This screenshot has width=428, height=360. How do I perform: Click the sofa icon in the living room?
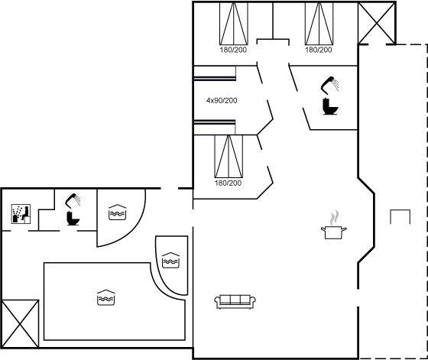[x=235, y=302]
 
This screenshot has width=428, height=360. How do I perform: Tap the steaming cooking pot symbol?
[x=333, y=225]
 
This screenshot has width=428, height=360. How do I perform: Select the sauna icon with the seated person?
[x=21, y=214]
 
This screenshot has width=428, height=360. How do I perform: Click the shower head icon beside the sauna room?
[x=73, y=199]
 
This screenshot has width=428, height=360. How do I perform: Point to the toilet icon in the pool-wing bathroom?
[x=73, y=219]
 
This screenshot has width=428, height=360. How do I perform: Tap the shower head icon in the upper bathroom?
[x=330, y=84]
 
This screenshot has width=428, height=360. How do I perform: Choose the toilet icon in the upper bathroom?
[x=330, y=106]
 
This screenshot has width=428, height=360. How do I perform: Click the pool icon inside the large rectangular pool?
[x=106, y=297]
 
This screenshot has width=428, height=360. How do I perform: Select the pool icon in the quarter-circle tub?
[x=117, y=212]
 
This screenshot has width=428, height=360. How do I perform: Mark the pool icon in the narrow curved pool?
[x=170, y=260]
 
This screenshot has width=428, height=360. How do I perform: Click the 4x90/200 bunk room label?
[x=222, y=101]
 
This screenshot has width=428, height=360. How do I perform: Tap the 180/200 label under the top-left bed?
[x=233, y=50]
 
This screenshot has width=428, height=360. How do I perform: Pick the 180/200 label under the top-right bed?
[x=319, y=50]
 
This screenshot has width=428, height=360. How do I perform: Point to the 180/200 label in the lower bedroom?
[x=229, y=183]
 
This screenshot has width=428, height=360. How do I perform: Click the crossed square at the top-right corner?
[x=377, y=23]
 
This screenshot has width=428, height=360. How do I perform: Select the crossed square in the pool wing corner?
[x=20, y=324]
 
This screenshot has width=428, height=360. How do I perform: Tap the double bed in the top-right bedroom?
[x=319, y=24]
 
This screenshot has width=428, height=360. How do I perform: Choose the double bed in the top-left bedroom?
[x=234, y=24]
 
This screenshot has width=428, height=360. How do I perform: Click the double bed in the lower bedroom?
[x=229, y=156]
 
